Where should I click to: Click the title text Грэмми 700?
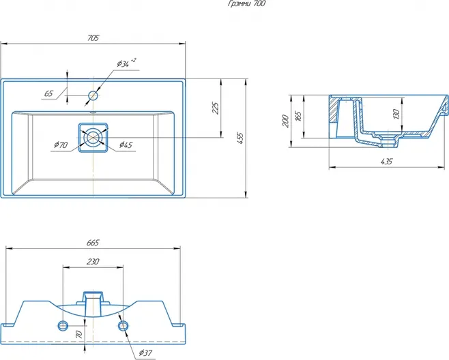[246, 3]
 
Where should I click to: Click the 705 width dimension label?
[93, 37]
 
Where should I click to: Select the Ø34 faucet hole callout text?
[126, 63]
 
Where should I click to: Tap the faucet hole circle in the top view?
[93, 95]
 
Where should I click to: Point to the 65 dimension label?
[48, 93]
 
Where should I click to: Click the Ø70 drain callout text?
[61, 145]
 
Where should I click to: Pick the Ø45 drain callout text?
[126, 145]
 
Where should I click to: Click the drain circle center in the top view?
[93, 137]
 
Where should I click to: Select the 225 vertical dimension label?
[216, 108]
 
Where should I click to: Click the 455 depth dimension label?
[240, 138]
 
